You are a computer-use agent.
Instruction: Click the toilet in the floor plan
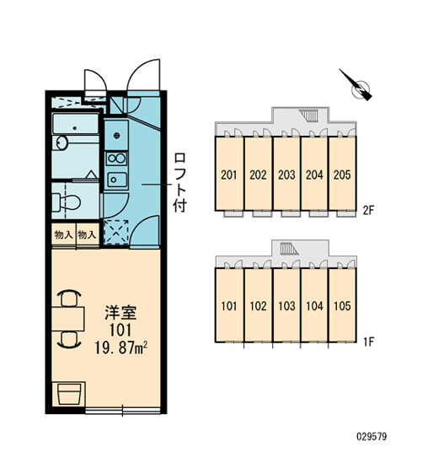pyautogui.click(x=67, y=202)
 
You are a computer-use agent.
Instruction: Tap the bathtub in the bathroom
pyautogui.click(x=75, y=124)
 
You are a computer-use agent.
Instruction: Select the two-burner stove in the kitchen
pyautogui.click(x=116, y=159)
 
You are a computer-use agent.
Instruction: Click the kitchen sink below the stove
pyautogui.click(x=116, y=179)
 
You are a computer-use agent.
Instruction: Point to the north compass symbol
pyautogui.click(x=357, y=86)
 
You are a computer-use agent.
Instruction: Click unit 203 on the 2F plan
pyautogui.click(x=286, y=174)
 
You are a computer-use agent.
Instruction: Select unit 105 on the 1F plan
pyautogui.click(x=342, y=305)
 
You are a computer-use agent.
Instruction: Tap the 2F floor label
pyautogui.click(x=368, y=211)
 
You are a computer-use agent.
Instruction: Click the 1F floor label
pyautogui.click(x=368, y=342)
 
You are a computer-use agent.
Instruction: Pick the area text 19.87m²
pyautogui.click(x=121, y=348)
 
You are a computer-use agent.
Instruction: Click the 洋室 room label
pyautogui.click(x=120, y=313)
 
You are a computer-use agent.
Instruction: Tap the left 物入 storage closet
pyautogui.click(x=63, y=235)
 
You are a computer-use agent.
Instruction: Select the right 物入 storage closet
pyautogui.click(x=87, y=235)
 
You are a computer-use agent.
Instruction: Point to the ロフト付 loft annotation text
pyautogui.click(x=180, y=182)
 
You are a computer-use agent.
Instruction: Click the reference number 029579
pyautogui.click(x=372, y=437)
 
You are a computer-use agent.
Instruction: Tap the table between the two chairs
pyautogui.click(x=68, y=319)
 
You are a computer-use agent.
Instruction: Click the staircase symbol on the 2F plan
pyautogui.click(x=309, y=116)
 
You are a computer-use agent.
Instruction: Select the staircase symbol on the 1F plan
pyautogui.click(x=289, y=249)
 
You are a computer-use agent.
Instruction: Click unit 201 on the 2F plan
pyautogui.click(x=229, y=174)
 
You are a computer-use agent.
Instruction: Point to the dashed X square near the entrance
pyautogui.click(x=116, y=232)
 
